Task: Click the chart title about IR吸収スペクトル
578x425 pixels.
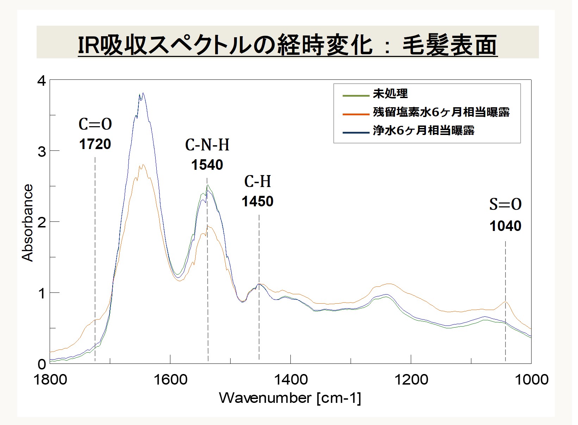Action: coord(287,45)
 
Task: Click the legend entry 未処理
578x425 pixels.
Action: coord(390,94)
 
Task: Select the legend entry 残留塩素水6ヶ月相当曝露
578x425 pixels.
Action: coord(441,112)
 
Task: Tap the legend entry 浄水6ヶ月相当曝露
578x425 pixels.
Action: coord(423,130)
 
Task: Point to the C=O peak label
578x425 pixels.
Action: coord(95,124)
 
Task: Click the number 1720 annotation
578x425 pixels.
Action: coord(95,144)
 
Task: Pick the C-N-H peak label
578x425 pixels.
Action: coord(207,145)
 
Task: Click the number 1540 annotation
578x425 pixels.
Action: coord(207,165)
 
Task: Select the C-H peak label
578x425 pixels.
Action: coord(258,182)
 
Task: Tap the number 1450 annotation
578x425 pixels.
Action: coord(257,201)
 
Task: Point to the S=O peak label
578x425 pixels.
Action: coord(505,204)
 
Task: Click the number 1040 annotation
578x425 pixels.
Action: coord(505,226)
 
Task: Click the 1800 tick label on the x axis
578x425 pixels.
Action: coord(50,380)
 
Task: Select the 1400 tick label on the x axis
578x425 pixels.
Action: coord(291,380)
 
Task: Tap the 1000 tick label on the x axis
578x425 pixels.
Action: coord(532,380)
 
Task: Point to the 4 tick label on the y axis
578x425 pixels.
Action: coord(42,81)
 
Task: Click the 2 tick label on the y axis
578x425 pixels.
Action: coord(42,222)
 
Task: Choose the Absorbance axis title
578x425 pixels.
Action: coord(28,223)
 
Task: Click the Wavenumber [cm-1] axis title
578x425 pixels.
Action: coord(290,398)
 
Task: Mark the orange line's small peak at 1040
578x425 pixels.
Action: coord(505,302)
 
